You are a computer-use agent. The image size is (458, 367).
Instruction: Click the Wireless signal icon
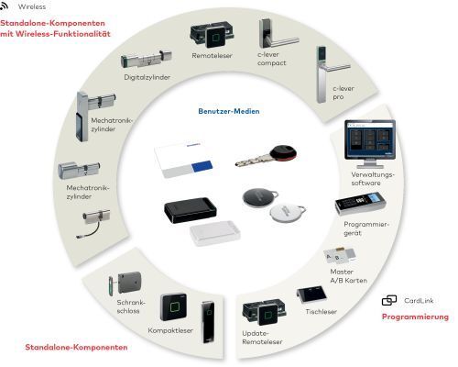(4, 6)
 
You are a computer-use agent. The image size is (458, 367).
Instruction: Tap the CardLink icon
(389, 300)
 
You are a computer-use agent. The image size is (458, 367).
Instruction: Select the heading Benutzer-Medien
(229, 111)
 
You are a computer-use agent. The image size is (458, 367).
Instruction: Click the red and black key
(266, 156)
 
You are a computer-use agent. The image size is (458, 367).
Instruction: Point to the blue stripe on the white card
(202, 166)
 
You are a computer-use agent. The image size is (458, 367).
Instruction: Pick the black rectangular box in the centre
(191, 210)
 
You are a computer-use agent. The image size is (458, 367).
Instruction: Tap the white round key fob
(287, 212)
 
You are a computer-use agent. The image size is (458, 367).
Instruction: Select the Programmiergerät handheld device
(361, 204)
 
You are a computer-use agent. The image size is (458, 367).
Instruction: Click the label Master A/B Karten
(348, 276)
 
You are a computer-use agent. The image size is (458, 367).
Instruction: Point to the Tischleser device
(311, 295)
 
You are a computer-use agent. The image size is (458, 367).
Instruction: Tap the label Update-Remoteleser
(262, 338)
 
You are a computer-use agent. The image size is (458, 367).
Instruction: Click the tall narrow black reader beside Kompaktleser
(209, 322)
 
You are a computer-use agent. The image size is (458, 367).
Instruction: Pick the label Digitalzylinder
(147, 77)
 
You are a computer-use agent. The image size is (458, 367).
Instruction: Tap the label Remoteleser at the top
(212, 56)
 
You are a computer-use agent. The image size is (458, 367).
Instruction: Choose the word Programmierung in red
(415, 317)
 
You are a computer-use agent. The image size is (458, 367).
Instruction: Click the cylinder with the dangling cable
(93, 223)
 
